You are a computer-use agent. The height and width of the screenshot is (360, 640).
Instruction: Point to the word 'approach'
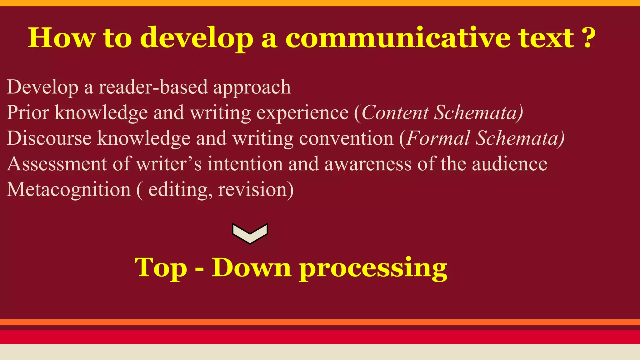point(252,87)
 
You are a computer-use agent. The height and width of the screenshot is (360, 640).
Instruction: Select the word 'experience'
point(302,113)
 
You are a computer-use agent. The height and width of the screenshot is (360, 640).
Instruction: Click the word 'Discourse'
point(49,138)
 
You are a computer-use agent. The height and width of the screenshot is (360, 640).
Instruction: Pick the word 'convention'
point(346,138)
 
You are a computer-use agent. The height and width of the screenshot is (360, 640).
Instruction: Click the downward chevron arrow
point(250,233)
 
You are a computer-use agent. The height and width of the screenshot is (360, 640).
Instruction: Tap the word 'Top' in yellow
point(161,268)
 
